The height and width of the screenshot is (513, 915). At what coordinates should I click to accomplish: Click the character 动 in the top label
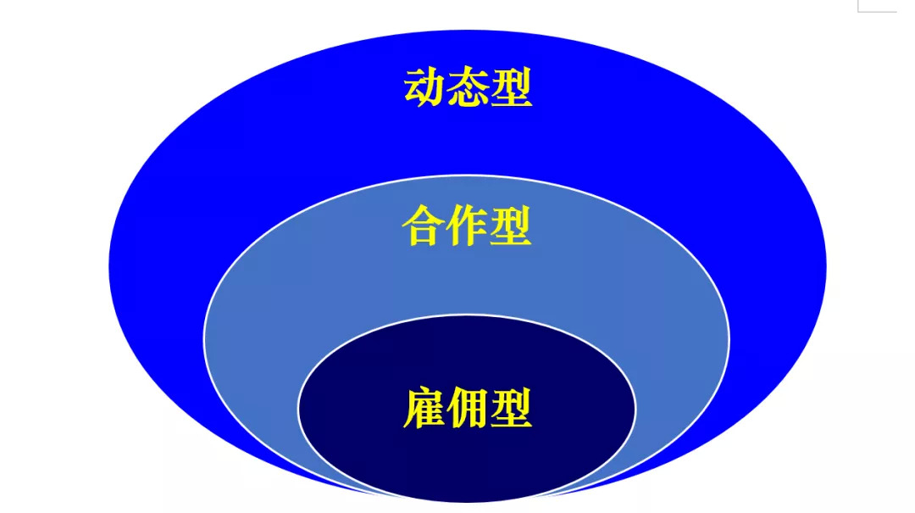click(x=424, y=87)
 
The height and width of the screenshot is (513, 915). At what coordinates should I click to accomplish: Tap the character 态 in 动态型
click(x=468, y=87)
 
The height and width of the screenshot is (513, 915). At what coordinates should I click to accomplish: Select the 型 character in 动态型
click(x=511, y=87)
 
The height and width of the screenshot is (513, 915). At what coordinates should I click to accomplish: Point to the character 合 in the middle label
click(x=424, y=226)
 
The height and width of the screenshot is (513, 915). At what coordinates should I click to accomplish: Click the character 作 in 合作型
click(x=467, y=226)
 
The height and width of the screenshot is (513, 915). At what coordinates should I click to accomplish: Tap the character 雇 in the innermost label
click(x=424, y=408)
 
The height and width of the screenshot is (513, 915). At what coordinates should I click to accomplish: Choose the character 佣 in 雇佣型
click(x=467, y=408)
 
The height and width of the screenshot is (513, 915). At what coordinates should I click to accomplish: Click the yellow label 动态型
click(x=468, y=87)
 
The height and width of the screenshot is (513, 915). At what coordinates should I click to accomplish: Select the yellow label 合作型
click(x=467, y=226)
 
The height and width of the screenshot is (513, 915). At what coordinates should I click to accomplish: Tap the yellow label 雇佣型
click(x=467, y=408)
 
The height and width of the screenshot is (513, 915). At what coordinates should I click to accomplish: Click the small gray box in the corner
click(x=876, y=5)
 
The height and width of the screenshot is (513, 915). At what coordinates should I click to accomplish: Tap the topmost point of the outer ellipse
click(x=467, y=31)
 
